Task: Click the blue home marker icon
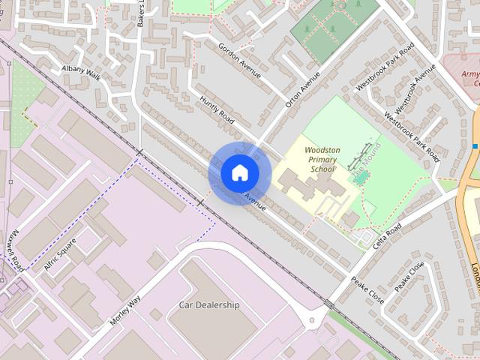click(239, 173)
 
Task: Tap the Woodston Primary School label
click(322, 160)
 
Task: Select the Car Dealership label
click(209, 305)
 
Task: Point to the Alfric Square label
click(61, 255)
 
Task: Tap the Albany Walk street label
click(81, 73)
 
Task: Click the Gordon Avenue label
click(239, 60)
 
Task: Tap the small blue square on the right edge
click(475, 145)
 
